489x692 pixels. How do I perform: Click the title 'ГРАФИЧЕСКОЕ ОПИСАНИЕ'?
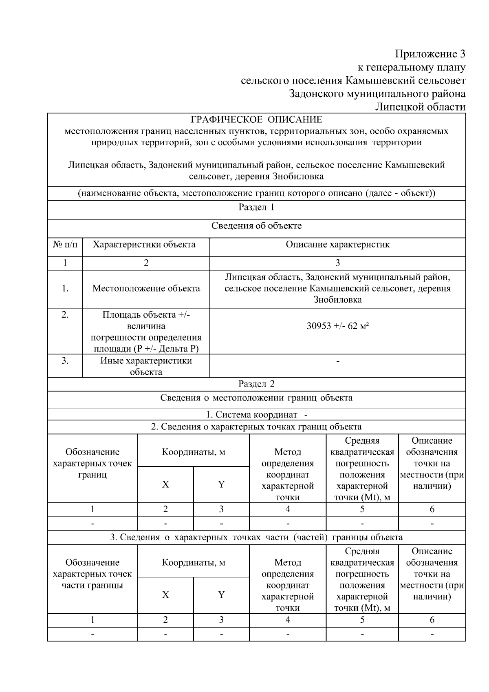click(x=256, y=119)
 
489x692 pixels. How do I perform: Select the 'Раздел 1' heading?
click(x=256, y=207)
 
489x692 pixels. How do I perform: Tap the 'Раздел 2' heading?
click(x=256, y=384)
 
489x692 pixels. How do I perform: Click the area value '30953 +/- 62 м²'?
click(x=337, y=326)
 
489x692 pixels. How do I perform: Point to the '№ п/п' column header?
click(x=65, y=245)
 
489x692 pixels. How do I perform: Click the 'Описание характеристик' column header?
click(x=337, y=245)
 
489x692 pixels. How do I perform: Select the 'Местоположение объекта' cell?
click(x=146, y=289)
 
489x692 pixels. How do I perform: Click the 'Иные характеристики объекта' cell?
click(x=146, y=366)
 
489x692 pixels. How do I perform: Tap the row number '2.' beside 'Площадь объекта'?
click(x=65, y=315)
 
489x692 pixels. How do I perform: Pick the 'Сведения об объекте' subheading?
click(x=256, y=226)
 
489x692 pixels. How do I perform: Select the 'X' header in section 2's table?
click(x=165, y=484)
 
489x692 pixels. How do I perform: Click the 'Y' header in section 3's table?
click(x=221, y=595)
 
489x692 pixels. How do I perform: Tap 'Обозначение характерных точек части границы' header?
click(x=93, y=574)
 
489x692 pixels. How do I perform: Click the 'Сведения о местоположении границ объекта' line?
click(x=256, y=398)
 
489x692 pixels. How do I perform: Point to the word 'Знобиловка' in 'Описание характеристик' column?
click(x=337, y=300)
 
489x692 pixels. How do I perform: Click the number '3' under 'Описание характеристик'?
click(x=337, y=263)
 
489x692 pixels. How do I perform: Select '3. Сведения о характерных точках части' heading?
click(x=256, y=537)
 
